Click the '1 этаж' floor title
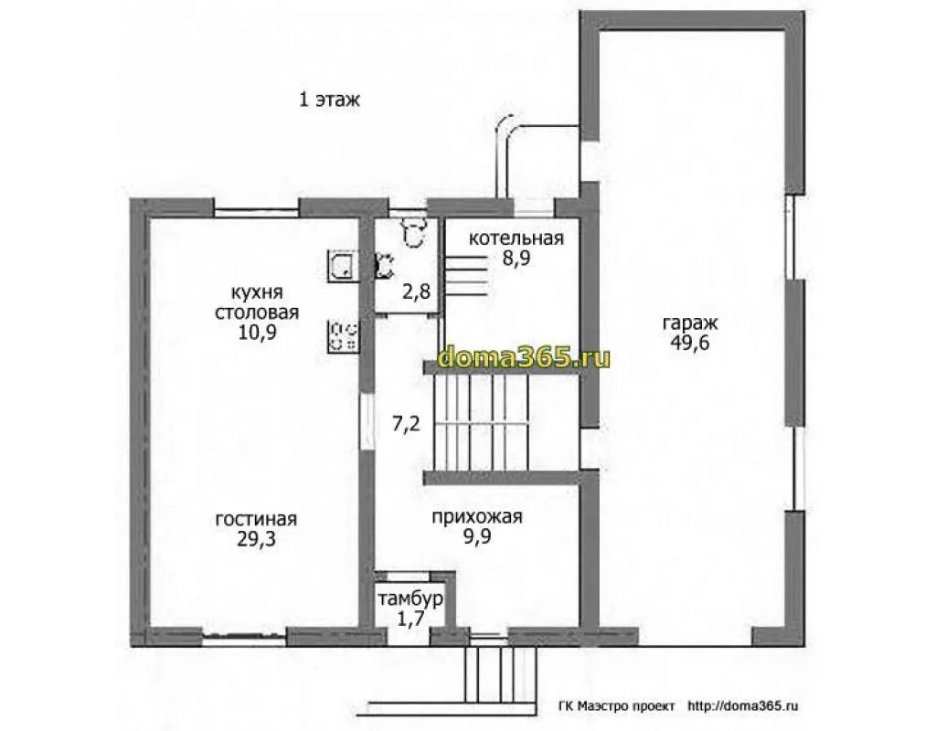pyautogui.click(x=329, y=99)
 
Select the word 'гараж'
pyautogui.click(x=689, y=324)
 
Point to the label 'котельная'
pyautogui.click(x=516, y=238)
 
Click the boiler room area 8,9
pyautogui.click(x=516, y=258)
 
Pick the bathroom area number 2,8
pyautogui.click(x=416, y=291)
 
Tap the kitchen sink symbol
pyautogui.click(x=342, y=266)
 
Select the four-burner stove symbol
pyautogui.click(x=343, y=336)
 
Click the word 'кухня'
pyautogui.click(x=257, y=293)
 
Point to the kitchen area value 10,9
pyautogui.click(x=257, y=331)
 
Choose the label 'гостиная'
pyautogui.click(x=256, y=519)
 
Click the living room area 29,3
pyautogui.click(x=256, y=539)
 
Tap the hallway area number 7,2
pyautogui.click(x=406, y=424)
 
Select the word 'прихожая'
pyautogui.click(x=477, y=517)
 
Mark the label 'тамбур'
pyautogui.click(x=411, y=599)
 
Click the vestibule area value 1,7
pyautogui.click(x=411, y=618)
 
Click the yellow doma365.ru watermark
pyautogui.click(x=524, y=357)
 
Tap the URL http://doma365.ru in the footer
pyautogui.click(x=743, y=706)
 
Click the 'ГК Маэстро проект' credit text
pyautogui.click(x=617, y=706)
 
